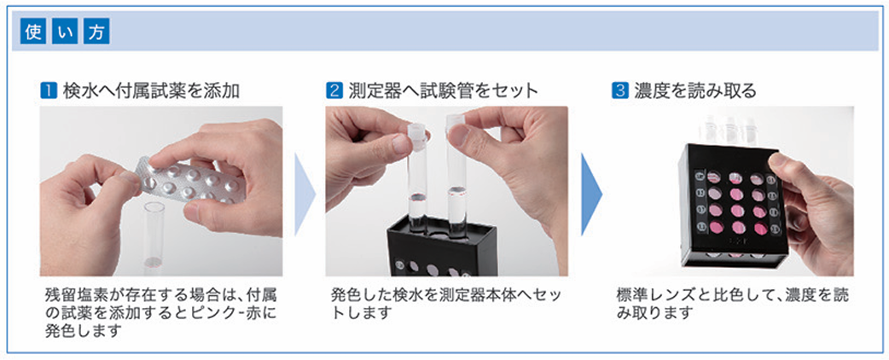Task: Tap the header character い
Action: [61, 33]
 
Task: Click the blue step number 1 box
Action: [49, 90]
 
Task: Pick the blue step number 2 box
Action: [335, 90]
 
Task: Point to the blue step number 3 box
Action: [620, 90]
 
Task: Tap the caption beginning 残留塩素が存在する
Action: [162, 312]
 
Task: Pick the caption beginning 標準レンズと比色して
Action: [732, 303]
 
